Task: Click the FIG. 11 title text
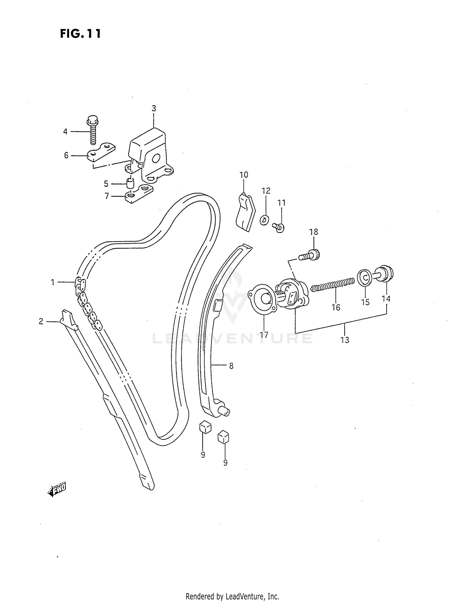[x=80, y=33]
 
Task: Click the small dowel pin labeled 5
[x=131, y=183]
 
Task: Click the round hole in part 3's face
[x=155, y=159]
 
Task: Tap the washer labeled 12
[x=264, y=220]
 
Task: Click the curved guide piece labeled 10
[x=245, y=212]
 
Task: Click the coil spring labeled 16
[x=332, y=284]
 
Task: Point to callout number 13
[x=345, y=340]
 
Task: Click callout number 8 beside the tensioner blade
[x=231, y=366]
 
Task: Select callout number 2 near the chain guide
[x=41, y=322]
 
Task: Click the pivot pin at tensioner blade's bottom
[x=224, y=411]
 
